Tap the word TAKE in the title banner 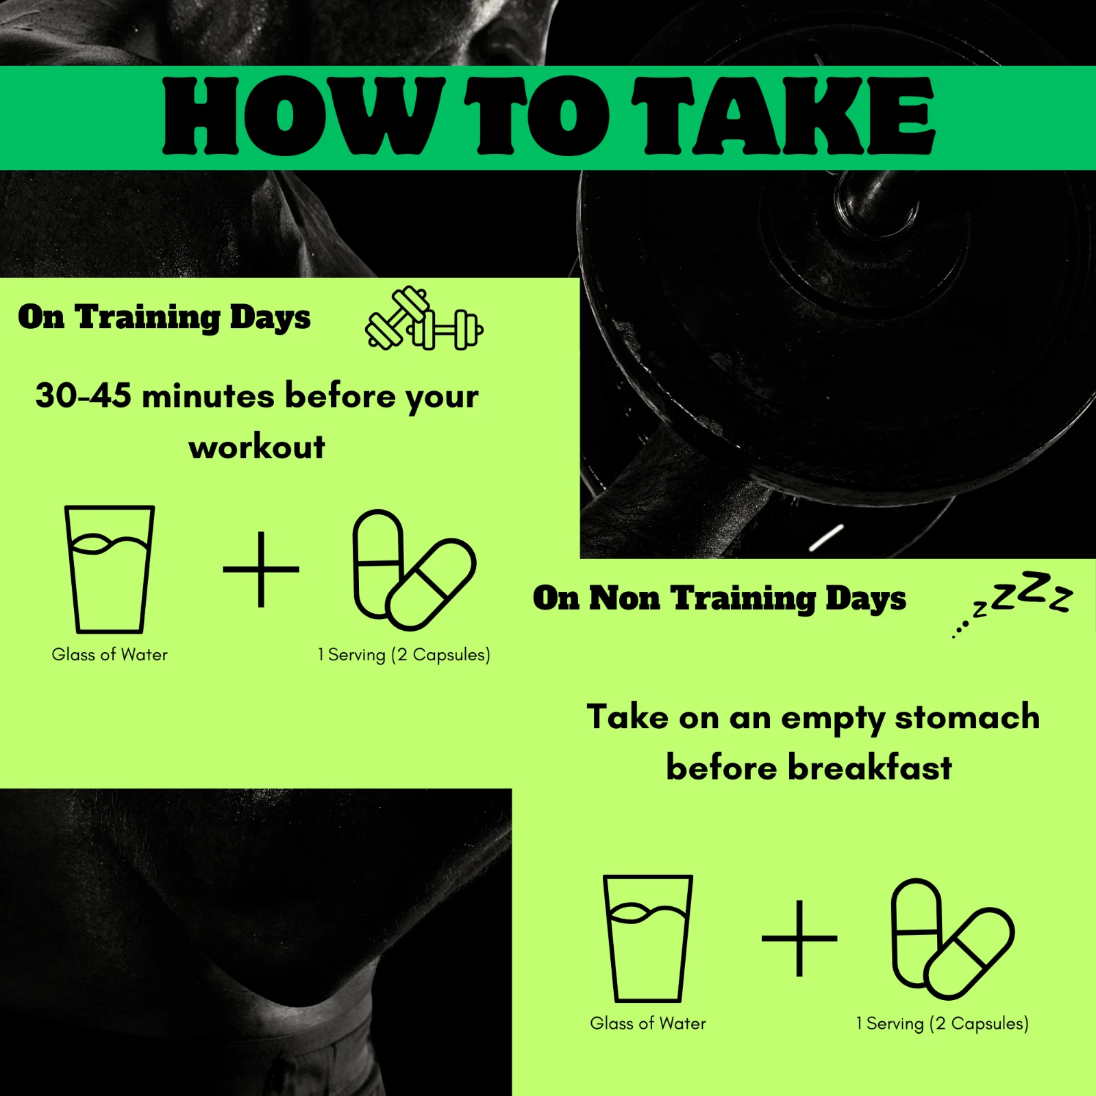783,116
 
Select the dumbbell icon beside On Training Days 424,319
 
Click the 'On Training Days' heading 164,318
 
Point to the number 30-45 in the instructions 83,396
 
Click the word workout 257,447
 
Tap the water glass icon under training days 110,569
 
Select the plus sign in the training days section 261,569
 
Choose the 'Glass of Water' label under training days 110,655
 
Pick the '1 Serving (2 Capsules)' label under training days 404,656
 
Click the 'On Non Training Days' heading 719,599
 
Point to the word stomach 967,718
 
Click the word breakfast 870,768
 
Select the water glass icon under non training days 648,938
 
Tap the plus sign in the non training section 799,938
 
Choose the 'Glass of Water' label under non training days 648,1024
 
